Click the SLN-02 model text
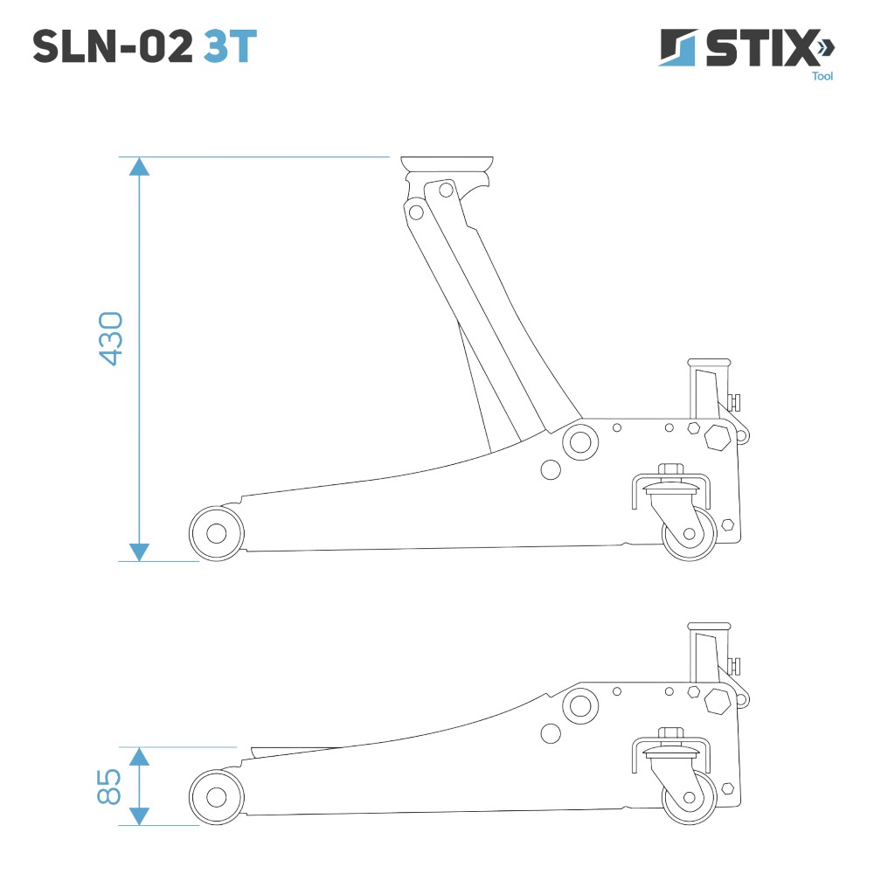coord(113,46)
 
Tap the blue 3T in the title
coord(230,46)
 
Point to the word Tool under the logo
coord(822,76)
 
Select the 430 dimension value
coord(110,338)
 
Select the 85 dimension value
coord(108,787)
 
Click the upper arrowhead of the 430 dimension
coord(139,166)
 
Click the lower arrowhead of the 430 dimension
coord(139,551)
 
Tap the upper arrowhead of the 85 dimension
coord(139,756)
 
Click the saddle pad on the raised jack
coord(447,164)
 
